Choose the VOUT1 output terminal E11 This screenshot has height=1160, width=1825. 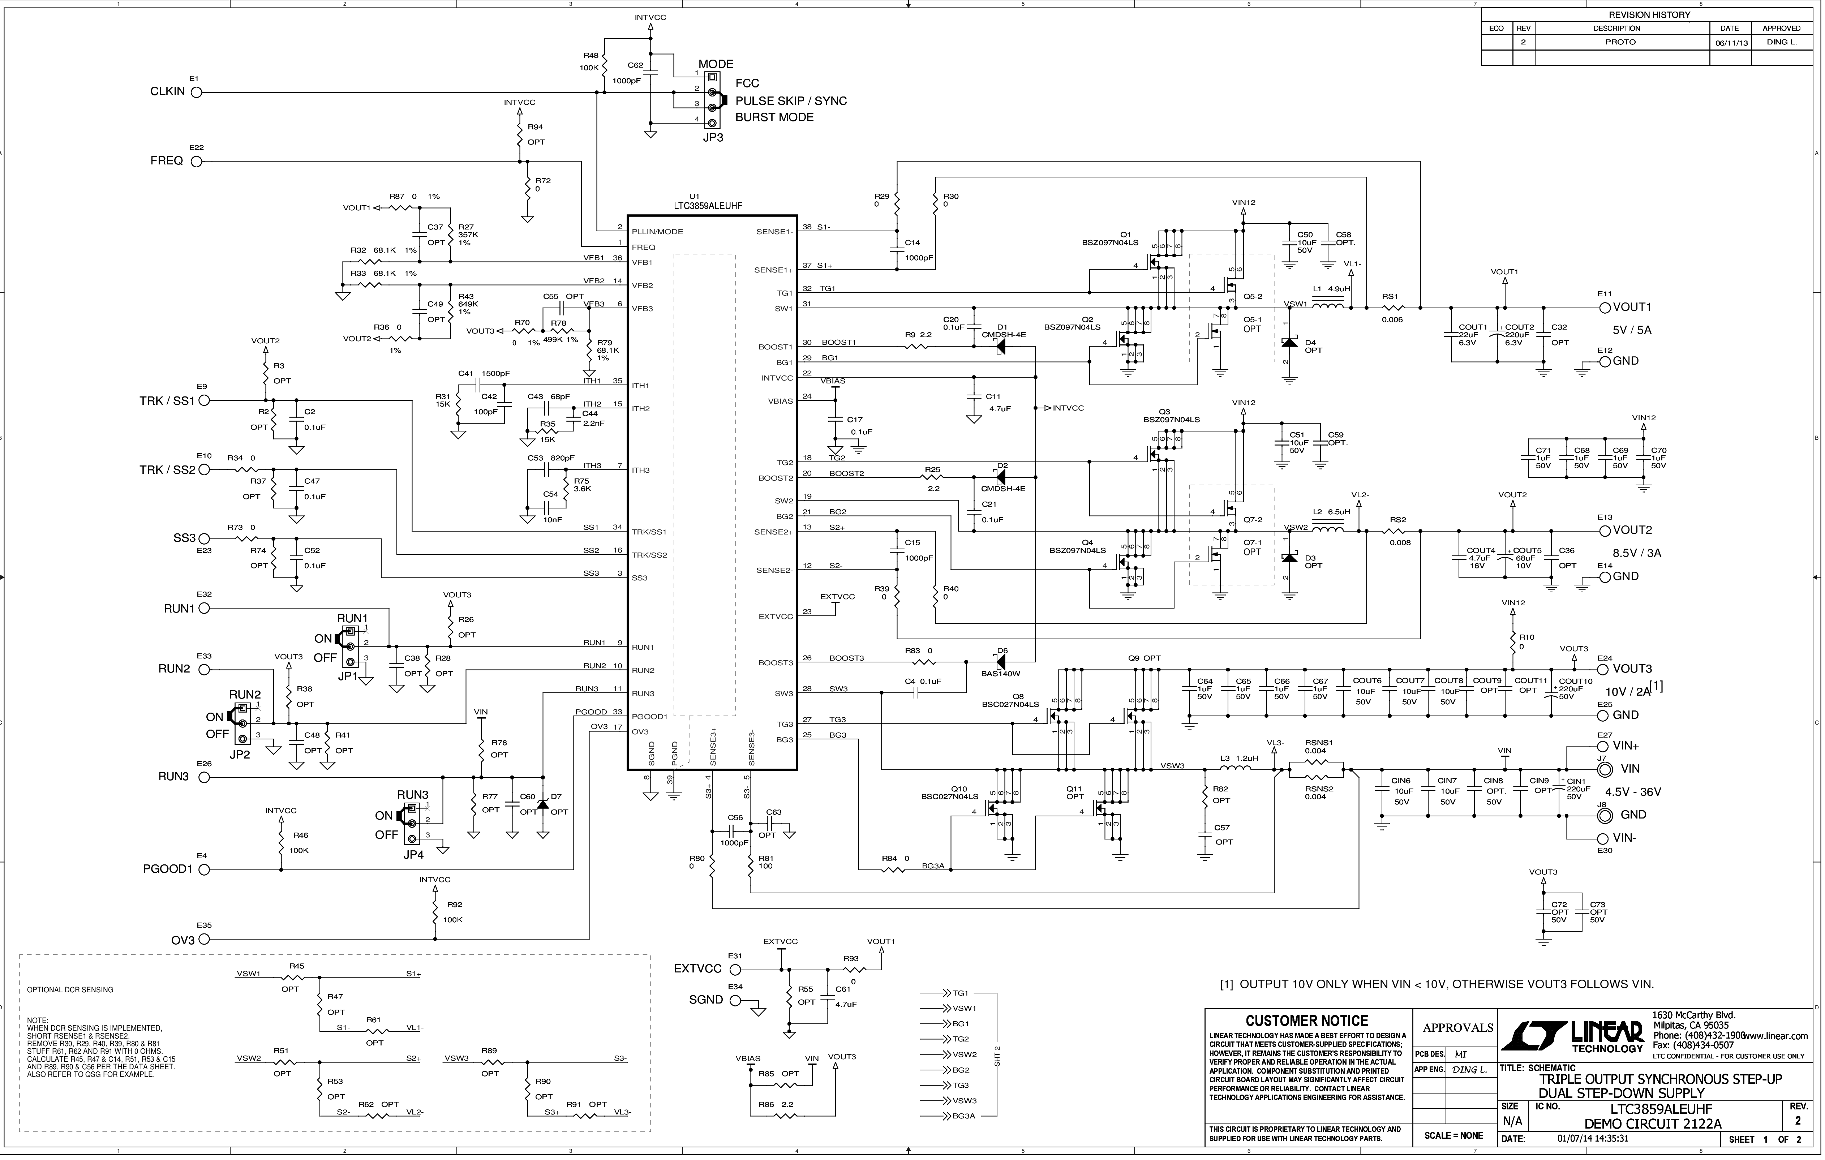click(x=1605, y=308)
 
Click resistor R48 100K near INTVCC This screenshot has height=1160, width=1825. click(x=604, y=65)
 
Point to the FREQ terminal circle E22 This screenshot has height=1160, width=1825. click(x=196, y=162)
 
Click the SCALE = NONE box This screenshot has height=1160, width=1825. click(x=1453, y=1135)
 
